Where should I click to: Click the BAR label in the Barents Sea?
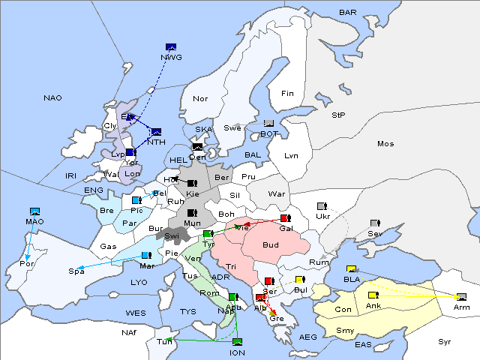click(x=347, y=13)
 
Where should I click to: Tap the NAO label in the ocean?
click(x=52, y=97)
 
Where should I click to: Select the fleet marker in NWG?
click(x=171, y=47)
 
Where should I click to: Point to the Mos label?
click(x=385, y=143)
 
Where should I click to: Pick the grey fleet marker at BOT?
click(x=269, y=124)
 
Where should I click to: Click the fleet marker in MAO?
click(x=34, y=212)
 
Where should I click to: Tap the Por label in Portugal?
click(x=27, y=264)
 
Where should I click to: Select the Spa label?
click(x=76, y=271)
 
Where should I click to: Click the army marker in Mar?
click(x=145, y=256)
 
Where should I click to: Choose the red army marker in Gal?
click(x=285, y=218)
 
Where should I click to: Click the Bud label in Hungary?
click(x=270, y=244)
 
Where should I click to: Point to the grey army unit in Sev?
click(x=375, y=223)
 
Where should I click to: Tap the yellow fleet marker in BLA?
click(x=351, y=269)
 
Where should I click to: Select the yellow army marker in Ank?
click(x=373, y=295)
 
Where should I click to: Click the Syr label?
click(x=445, y=341)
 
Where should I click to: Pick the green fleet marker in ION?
click(x=238, y=342)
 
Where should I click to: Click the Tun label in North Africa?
click(x=163, y=341)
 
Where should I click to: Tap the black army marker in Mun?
click(x=193, y=213)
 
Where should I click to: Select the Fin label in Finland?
click(x=287, y=94)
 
